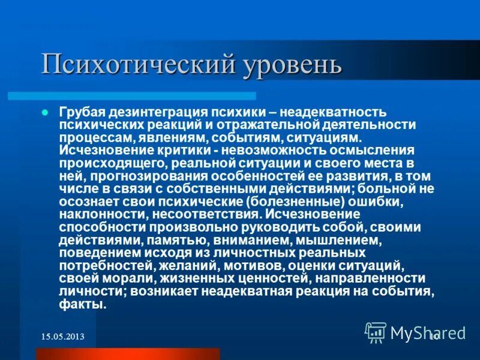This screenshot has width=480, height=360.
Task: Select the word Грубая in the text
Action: pyautogui.click(x=81, y=113)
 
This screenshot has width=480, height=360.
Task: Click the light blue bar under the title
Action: pyautogui.click(x=132, y=96)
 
